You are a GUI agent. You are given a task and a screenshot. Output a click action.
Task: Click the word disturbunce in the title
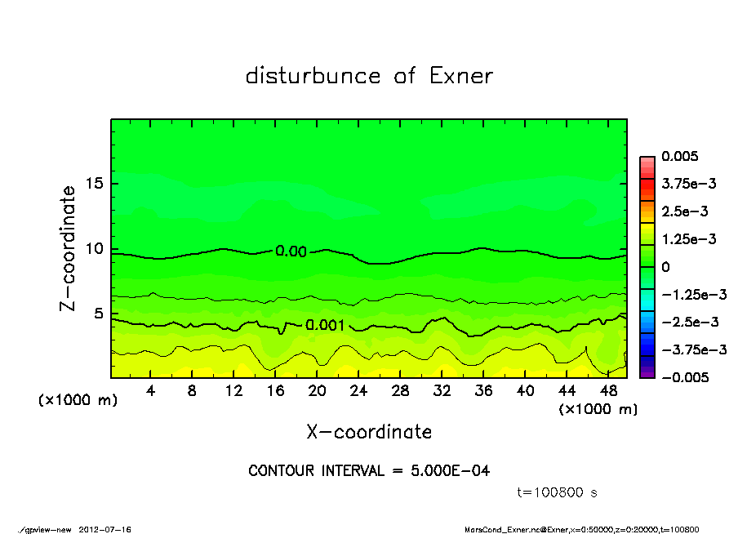point(313,76)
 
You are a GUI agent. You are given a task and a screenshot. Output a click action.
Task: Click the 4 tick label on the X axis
point(150,391)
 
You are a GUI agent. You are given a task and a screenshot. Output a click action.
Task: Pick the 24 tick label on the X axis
point(358,391)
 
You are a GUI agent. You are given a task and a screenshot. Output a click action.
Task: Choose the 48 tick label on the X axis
point(609,391)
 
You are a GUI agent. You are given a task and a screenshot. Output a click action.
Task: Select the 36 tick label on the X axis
point(484,391)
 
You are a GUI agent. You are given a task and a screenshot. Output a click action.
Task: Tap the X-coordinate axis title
point(369,431)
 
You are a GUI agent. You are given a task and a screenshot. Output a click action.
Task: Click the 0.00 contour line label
point(291,251)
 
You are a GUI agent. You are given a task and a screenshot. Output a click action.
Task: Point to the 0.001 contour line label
point(325,325)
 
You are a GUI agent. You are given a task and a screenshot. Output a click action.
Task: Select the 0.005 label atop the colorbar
point(681,156)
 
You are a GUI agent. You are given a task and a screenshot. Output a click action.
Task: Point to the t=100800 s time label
point(558,492)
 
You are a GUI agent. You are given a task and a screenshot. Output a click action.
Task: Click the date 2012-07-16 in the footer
point(105,529)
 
